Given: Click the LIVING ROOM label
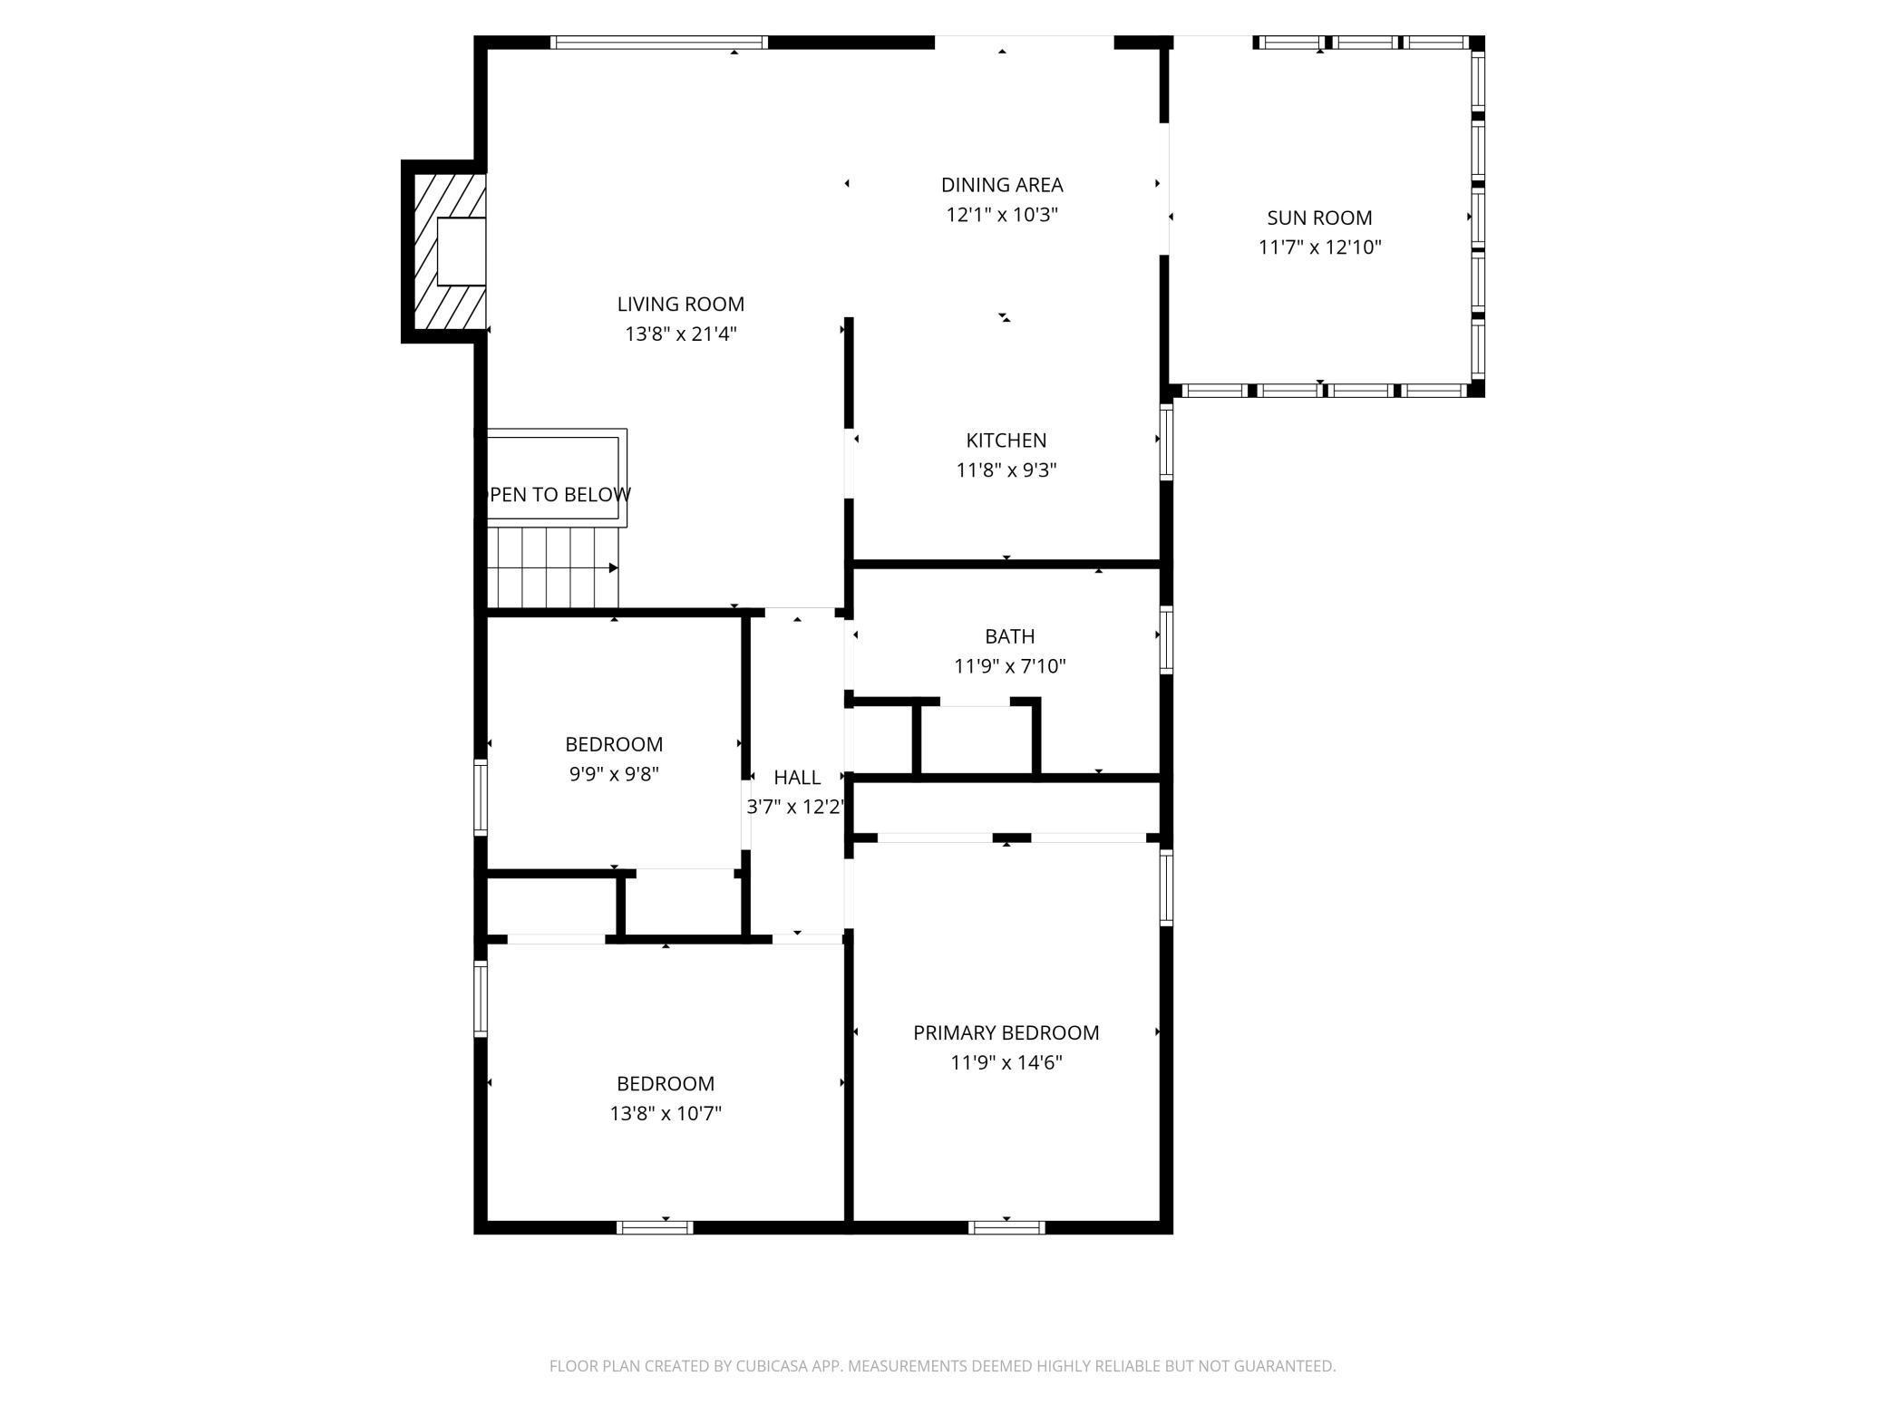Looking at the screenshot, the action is pos(680,305).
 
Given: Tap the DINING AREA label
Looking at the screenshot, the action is pos(1002,185).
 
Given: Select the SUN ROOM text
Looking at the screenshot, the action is pos(1319,218).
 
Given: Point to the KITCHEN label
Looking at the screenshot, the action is pos(1006,441).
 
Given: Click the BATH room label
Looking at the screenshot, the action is pos(1009,636).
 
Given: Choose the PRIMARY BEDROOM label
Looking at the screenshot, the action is pos(1006,1032).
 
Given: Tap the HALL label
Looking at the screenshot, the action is pos(797,777).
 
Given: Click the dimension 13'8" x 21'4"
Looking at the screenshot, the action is pos(680,334).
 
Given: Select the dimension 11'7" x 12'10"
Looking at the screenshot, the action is pos(1319,247).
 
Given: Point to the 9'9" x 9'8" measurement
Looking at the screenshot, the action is pos(614,774).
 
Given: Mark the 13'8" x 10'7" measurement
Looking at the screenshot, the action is pos(666,1113).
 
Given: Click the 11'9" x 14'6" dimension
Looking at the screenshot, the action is pos(1006,1062).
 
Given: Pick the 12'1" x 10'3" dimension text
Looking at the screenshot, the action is pos(1002,215).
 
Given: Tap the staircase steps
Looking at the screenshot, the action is pos(553,567).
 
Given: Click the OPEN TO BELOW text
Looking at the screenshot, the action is pos(559,495).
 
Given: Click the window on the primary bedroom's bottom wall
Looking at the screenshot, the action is pos(1006,1227).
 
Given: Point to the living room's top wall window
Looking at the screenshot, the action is pos(659,42).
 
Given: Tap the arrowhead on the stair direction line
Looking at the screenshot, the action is pos(614,568).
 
